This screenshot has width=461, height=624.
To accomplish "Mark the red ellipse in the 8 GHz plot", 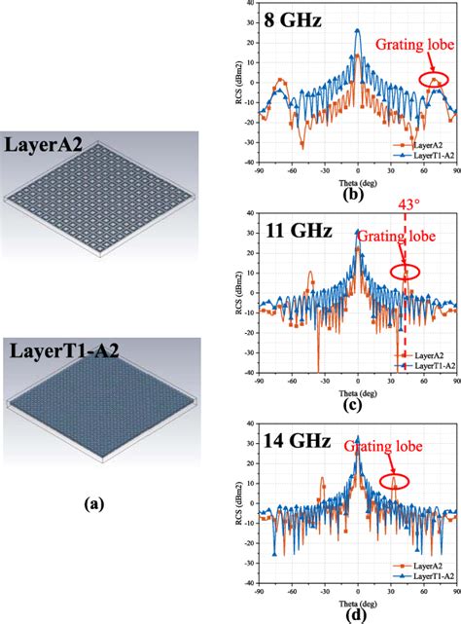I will (428, 78).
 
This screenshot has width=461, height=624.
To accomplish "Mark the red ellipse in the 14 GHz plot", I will (394, 480).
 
